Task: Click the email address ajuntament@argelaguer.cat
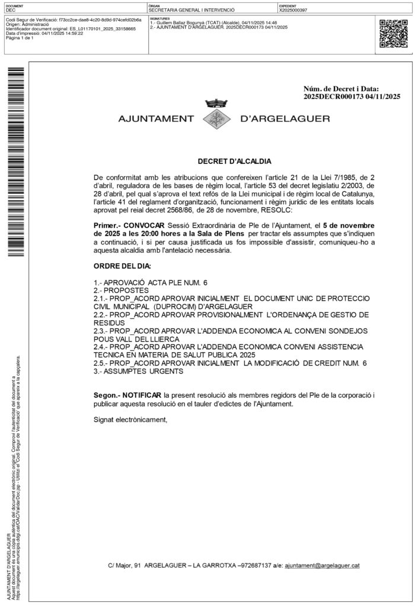click(323, 566)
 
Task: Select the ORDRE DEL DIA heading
click(122, 266)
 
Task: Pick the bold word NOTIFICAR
click(143, 394)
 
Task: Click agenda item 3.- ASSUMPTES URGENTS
click(139, 371)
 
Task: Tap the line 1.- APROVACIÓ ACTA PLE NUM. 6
click(151, 282)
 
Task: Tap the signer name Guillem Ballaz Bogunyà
click(179, 22)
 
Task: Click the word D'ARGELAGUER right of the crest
click(285, 118)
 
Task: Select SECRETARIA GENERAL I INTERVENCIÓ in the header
click(192, 10)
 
